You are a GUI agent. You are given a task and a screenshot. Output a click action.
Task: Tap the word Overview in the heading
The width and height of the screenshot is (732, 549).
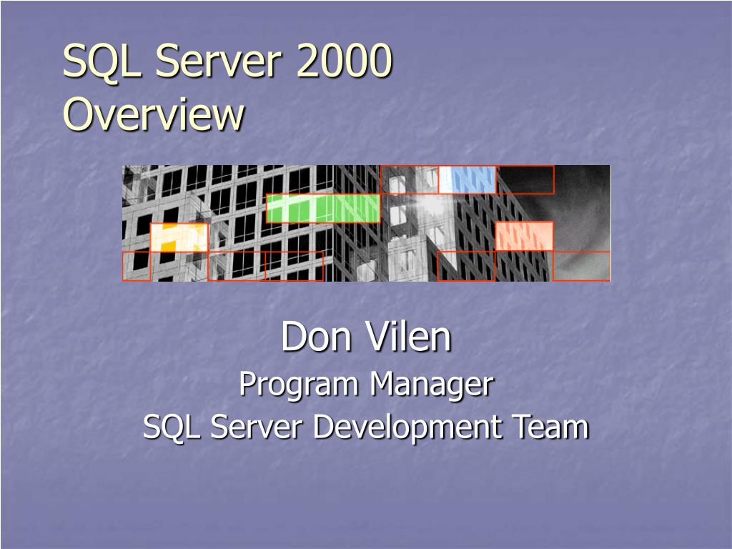click(x=153, y=114)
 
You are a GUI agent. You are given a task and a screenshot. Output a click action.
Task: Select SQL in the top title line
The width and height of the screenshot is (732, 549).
click(x=102, y=61)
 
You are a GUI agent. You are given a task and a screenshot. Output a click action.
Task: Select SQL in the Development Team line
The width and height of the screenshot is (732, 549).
click(x=166, y=427)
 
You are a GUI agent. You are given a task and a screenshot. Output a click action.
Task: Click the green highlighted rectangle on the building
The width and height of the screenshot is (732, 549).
click(x=323, y=208)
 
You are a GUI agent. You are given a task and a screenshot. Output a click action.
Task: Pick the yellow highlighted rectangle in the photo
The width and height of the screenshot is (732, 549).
click(x=179, y=237)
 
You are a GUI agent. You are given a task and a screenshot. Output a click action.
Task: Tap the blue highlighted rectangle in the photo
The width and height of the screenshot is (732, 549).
click(x=468, y=179)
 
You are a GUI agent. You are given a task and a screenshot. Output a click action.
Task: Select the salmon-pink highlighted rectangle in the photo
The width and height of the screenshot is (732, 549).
click(x=524, y=237)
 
